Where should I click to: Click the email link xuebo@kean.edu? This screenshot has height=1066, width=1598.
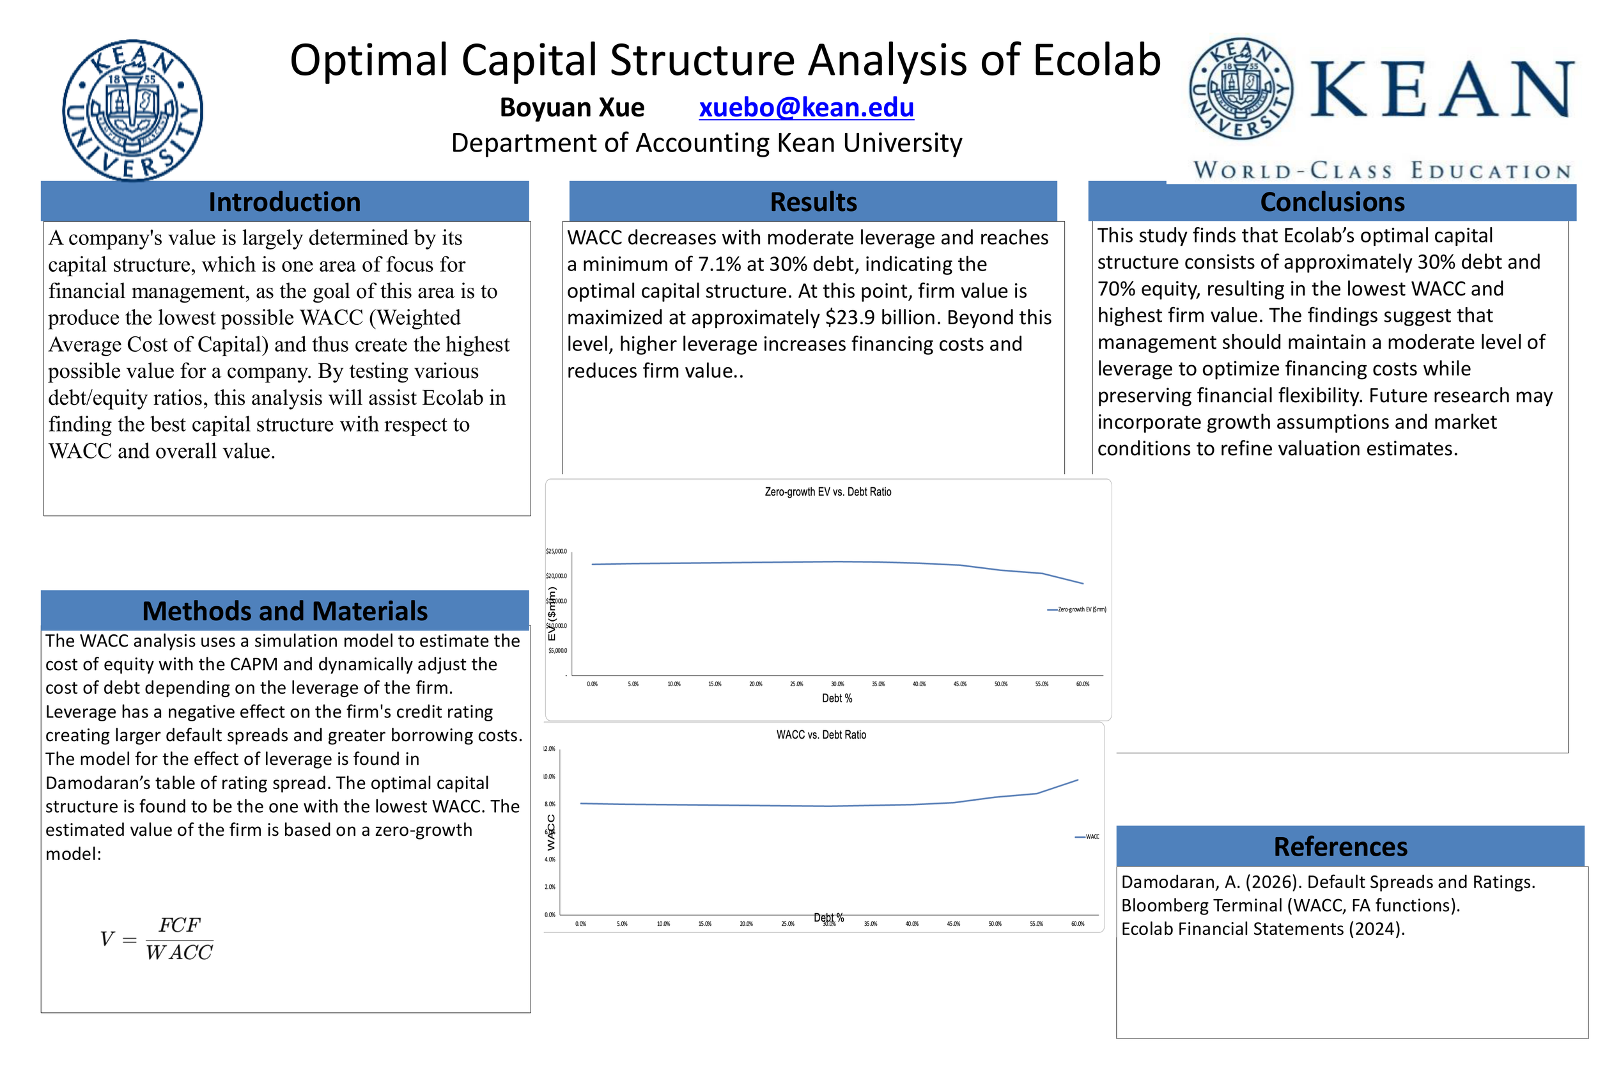pyautogui.click(x=806, y=107)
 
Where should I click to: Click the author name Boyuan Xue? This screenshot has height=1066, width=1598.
pyautogui.click(x=572, y=107)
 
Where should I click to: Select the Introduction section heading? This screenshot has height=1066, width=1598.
pyautogui.click(x=284, y=202)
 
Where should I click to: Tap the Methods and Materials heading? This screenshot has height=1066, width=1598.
pyautogui.click(x=284, y=611)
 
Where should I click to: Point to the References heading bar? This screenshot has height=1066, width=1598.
pyautogui.click(x=1340, y=847)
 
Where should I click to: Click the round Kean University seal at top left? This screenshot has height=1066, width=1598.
pyautogui.click(x=132, y=110)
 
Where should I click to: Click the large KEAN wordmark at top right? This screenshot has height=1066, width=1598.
pyautogui.click(x=1440, y=90)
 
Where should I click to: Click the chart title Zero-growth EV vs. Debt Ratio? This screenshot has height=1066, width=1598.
pyautogui.click(x=828, y=492)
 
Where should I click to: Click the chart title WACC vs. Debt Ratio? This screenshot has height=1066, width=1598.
pyautogui.click(x=821, y=735)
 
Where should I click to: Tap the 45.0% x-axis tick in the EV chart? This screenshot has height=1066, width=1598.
pyautogui.click(x=959, y=684)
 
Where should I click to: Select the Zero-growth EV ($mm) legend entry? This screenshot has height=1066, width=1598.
pyautogui.click(x=1080, y=610)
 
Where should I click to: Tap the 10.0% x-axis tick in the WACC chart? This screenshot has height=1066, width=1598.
pyautogui.click(x=663, y=924)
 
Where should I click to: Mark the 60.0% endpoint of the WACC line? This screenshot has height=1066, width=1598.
pyautogui.click(x=1078, y=780)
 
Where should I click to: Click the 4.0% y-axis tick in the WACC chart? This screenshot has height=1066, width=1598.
pyautogui.click(x=550, y=859)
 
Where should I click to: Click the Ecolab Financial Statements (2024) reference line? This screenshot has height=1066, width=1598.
pyautogui.click(x=1262, y=929)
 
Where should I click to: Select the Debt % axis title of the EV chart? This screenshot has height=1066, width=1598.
pyautogui.click(x=836, y=698)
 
